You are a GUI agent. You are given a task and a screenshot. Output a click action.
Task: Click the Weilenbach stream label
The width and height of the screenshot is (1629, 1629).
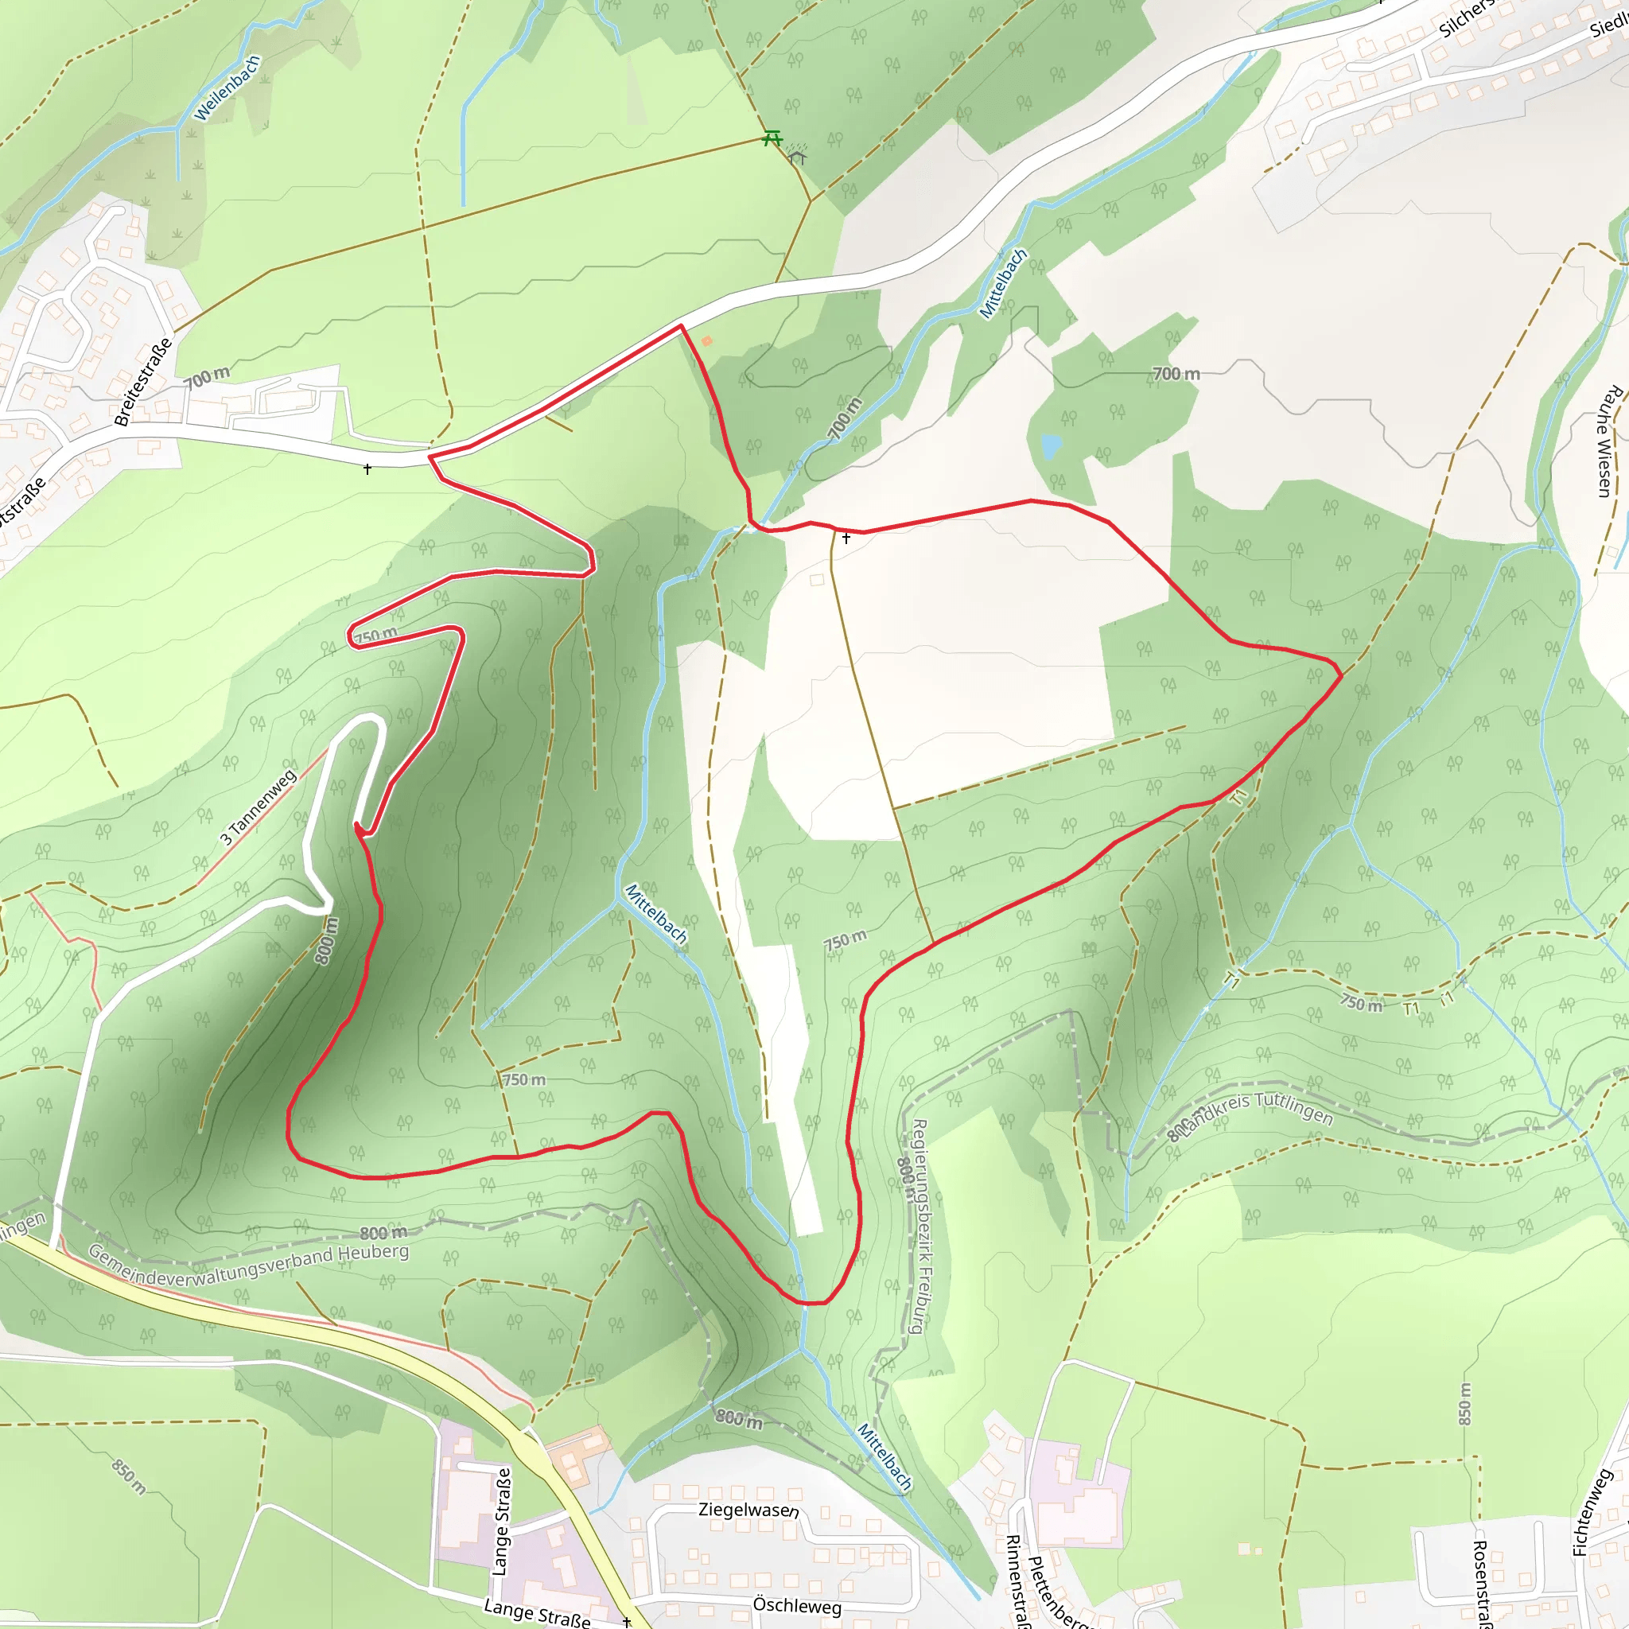(227, 88)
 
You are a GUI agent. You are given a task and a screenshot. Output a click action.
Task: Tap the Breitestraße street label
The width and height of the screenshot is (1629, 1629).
(143, 382)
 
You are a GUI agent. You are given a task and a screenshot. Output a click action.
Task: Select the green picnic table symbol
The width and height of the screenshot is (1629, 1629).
(772, 138)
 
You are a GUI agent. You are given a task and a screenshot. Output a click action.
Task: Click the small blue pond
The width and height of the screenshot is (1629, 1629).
(1050, 445)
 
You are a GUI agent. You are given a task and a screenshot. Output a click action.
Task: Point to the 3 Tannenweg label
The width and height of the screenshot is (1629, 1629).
(258, 807)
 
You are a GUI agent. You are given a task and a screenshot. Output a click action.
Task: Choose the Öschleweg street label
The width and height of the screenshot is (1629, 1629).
(797, 1604)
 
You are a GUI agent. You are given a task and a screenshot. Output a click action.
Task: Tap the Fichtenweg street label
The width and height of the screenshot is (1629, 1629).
(1592, 1512)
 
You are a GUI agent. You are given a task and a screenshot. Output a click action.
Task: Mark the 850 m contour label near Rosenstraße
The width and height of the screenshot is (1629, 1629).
(1464, 1404)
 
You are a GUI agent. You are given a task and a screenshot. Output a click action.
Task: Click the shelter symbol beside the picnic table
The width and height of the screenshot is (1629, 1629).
(797, 156)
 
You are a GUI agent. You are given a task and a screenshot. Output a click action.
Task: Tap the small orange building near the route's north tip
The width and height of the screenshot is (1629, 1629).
(706, 340)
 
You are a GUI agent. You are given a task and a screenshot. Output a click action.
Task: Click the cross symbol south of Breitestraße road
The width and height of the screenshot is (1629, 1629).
(367, 468)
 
